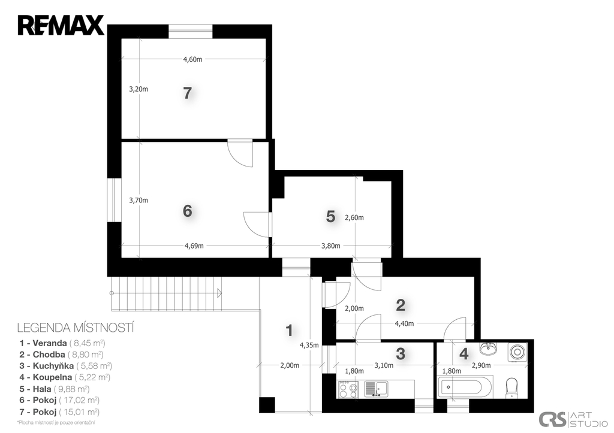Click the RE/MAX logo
coord(61,25)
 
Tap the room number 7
coord(187,93)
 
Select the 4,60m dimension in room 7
coord(192,59)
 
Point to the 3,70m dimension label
coord(139,200)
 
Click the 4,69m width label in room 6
coord(194,246)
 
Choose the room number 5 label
coord(331,216)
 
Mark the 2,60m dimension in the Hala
coord(354,217)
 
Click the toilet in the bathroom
coord(512,387)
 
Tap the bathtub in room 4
coord(465,387)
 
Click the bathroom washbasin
coord(488,349)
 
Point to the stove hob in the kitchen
coord(348,390)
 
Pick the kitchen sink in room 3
coord(376,389)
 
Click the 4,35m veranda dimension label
coord(309,346)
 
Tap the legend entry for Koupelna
coord(65,377)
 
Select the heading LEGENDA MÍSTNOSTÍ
coord(76,328)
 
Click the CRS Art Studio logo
coord(573,419)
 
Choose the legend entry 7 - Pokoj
coord(59,412)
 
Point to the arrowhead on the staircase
coord(219,293)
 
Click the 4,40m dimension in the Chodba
coord(405,324)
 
